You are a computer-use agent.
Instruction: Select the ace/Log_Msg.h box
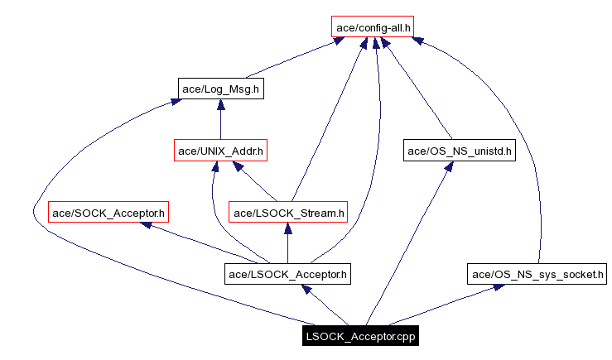(x=221, y=89)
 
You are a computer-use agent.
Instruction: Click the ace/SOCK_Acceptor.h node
(x=108, y=213)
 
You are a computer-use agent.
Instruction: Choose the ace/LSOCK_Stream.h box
(x=287, y=213)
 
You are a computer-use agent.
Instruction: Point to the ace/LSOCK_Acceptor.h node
(x=287, y=274)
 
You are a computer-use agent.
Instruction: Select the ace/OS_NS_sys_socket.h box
(x=538, y=274)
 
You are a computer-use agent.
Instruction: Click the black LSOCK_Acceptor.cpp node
(x=360, y=336)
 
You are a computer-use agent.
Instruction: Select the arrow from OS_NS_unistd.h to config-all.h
(x=418, y=91)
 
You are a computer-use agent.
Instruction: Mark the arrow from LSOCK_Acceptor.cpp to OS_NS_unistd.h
(x=406, y=248)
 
